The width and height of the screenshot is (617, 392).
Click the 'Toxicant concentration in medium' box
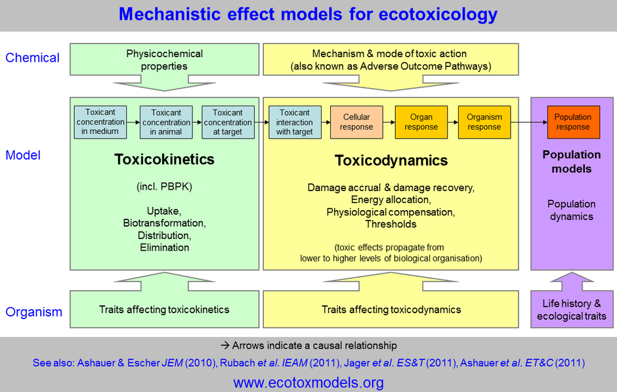click(x=100, y=122)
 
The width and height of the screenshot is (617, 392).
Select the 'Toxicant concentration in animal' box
click(x=166, y=122)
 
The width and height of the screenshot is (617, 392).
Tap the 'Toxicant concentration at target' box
click(x=228, y=122)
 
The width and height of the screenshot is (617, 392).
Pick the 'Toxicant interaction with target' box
click(x=294, y=122)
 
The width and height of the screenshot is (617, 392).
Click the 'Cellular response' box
click(x=357, y=122)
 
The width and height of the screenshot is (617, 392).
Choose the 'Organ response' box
click(x=421, y=122)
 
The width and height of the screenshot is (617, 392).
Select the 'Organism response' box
click(x=484, y=122)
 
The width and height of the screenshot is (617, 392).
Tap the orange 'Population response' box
click(x=572, y=122)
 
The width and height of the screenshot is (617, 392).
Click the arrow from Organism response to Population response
click(x=529, y=122)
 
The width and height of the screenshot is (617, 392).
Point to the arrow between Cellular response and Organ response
click(x=389, y=122)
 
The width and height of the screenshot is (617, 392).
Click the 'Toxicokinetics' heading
click(x=164, y=160)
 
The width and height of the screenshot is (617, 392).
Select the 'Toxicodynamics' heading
click(x=391, y=161)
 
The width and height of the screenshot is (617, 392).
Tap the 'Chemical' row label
click(x=32, y=58)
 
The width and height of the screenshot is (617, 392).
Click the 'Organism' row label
click(x=33, y=312)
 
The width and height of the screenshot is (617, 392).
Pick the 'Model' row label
click(x=23, y=156)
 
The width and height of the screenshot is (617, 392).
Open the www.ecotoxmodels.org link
click(x=308, y=382)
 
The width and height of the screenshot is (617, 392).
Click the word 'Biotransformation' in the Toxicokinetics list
click(x=164, y=223)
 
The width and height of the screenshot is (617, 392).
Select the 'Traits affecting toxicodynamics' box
click(x=391, y=310)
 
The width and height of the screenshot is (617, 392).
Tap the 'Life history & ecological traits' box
click(x=572, y=310)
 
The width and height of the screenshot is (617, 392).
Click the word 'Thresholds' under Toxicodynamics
click(x=391, y=225)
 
